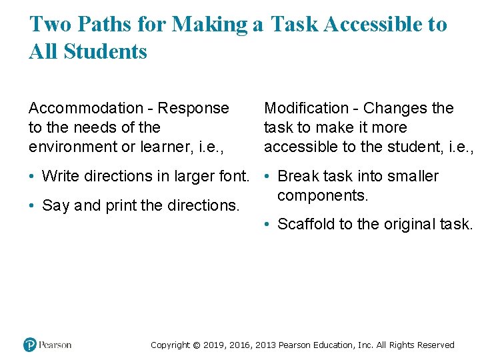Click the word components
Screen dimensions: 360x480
tap(323, 196)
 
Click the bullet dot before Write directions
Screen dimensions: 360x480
tap(32, 177)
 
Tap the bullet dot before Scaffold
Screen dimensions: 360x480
tap(267, 225)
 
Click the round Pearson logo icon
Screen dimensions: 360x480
tap(30, 345)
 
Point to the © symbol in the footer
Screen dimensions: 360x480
tap(196, 345)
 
